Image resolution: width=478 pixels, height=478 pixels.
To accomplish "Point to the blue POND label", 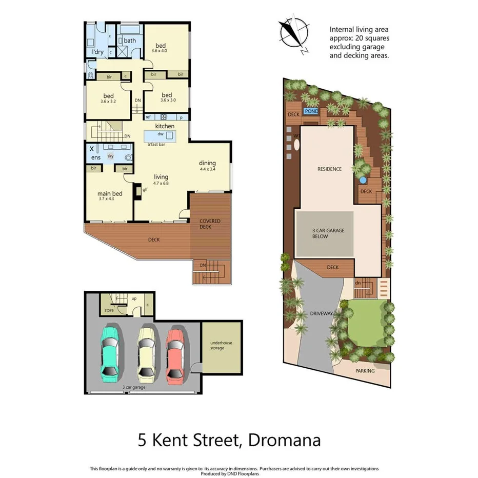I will click(x=311, y=111).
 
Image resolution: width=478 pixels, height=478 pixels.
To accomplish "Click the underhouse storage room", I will click(x=221, y=345).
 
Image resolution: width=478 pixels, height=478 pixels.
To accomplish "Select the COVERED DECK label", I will click(x=210, y=224).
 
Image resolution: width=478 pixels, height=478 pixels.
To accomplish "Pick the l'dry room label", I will click(x=97, y=52).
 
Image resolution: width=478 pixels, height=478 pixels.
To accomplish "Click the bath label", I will click(x=130, y=41).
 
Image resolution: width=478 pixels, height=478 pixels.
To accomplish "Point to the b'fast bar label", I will click(x=156, y=145).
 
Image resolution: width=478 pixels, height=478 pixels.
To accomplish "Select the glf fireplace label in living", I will click(x=145, y=189).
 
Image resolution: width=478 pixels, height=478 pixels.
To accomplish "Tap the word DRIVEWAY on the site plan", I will click(x=322, y=313).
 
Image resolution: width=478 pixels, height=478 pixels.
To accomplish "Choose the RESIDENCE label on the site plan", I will click(x=329, y=169).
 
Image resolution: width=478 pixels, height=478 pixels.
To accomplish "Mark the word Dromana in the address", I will click(x=284, y=440).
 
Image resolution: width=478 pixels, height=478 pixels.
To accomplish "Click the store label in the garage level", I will click(x=109, y=310).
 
